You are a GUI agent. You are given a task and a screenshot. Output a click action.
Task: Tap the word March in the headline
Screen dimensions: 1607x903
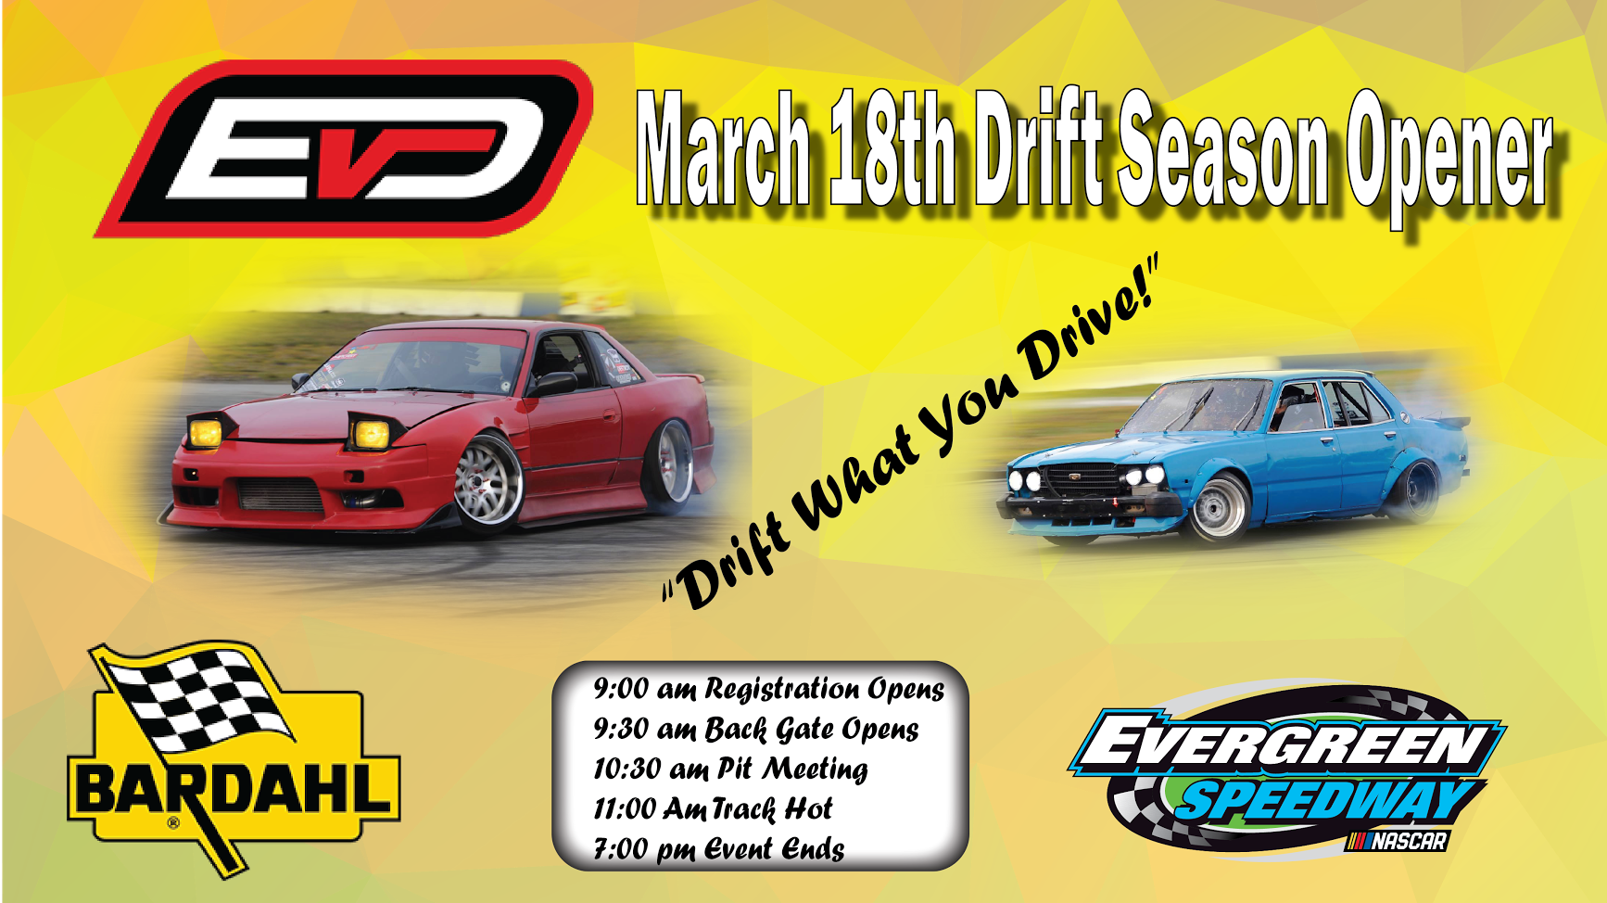click(x=724, y=148)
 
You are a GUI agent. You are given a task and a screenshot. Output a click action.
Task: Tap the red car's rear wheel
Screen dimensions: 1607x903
click(x=670, y=464)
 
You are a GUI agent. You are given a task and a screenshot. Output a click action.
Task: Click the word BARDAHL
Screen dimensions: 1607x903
click(x=234, y=790)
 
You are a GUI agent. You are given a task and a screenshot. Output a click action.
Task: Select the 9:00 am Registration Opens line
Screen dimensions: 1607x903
click(x=768, y=689)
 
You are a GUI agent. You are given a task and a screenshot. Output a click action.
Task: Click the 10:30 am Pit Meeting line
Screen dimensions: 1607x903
click(x=730, y=769)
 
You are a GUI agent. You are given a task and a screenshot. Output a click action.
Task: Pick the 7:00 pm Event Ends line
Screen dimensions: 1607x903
click(x=718, y=848)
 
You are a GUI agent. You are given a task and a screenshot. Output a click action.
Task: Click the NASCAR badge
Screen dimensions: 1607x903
click(x=1397, y=841)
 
